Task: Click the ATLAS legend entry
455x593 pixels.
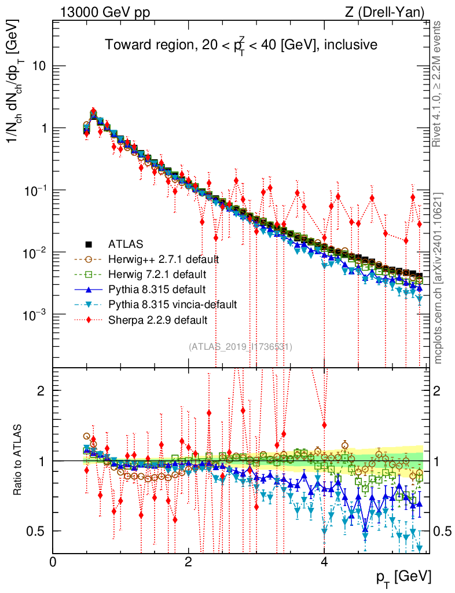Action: (x=126, y=244)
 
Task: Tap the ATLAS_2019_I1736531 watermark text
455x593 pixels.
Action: (x=240, y=347)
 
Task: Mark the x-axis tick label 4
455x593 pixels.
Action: (x=324, y=562)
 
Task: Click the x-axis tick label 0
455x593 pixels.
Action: (x=53, y=562)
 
